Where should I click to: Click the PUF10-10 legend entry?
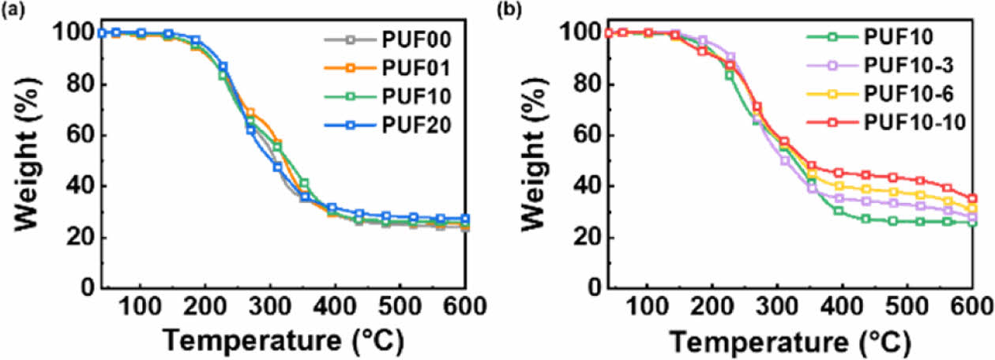pyautogui.click(x=911, y=124)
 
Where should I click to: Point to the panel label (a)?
pyautogui.click(x=12, y=10)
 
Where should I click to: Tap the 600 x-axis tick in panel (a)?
pyautogui.click(x=465, y=306)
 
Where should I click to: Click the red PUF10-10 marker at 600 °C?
pyautogui.click(x=972, y=199)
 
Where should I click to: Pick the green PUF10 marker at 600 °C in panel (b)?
pyautogui.click(x=972, y=223)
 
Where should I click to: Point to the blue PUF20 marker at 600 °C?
pyautogui.click(x=465, y=219)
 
